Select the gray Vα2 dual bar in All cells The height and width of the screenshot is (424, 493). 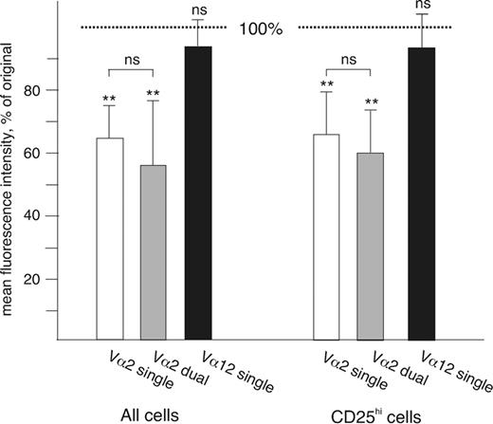click(x=153, y=251)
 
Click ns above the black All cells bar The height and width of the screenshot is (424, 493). click(x=198, y=8)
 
